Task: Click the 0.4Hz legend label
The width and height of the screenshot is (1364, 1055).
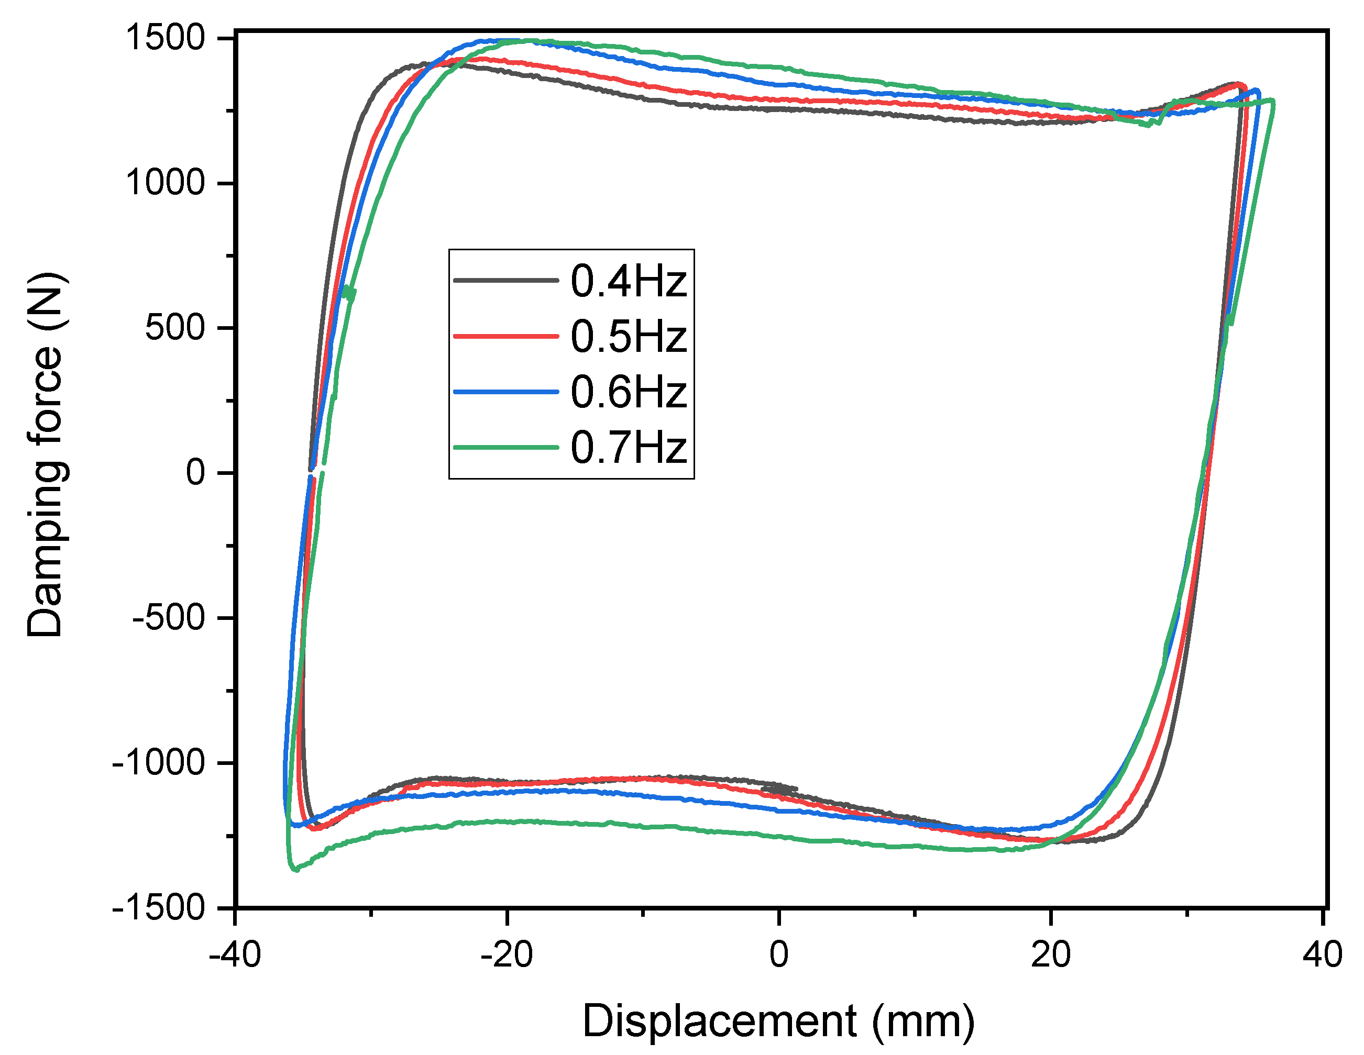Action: click(628, 281)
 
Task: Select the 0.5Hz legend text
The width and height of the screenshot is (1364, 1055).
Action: click(628, 337)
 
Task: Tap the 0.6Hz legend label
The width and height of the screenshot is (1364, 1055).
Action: click(628, 392)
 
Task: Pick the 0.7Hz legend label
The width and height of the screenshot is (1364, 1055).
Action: click(628, 448)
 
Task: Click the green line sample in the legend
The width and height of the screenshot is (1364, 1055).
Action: click(506, 447)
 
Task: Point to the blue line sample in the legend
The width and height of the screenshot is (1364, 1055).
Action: click(506, 392)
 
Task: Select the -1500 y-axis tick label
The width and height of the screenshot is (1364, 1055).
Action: click(159, 906)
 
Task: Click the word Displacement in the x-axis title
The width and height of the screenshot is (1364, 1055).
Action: click(720, 1021)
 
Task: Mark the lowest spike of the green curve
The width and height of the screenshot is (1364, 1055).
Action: click(295, 869)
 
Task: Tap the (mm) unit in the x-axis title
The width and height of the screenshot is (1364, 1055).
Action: click(923, 1023)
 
